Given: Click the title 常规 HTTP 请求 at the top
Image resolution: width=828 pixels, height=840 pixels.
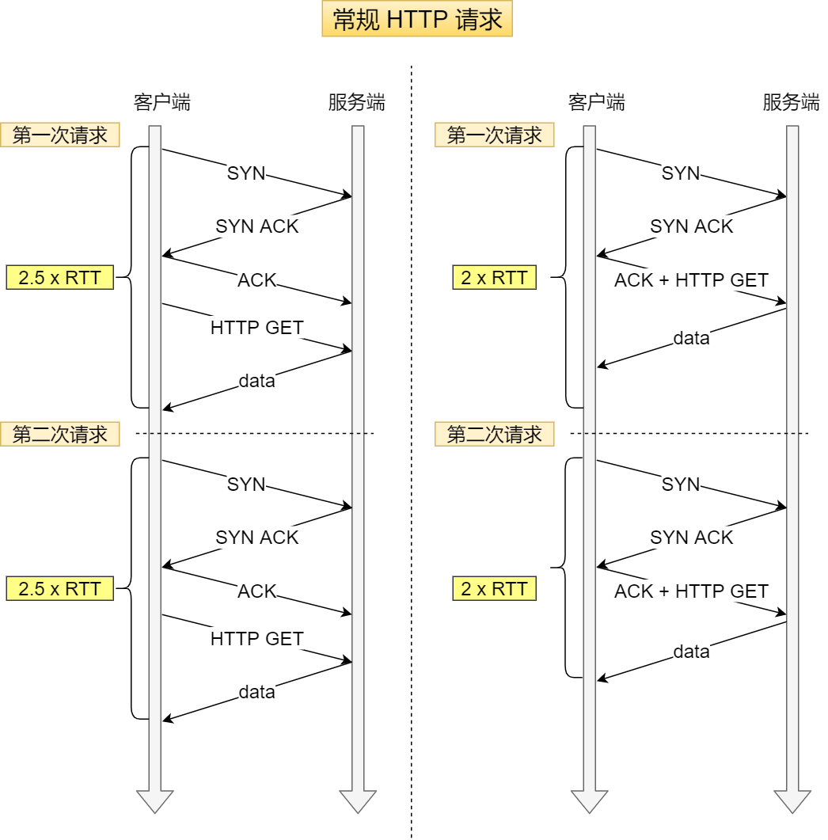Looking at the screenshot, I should (417, 20).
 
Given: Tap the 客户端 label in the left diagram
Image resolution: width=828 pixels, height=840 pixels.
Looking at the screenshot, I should (161, 102).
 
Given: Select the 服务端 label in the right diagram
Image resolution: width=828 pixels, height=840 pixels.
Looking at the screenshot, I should (791, 102).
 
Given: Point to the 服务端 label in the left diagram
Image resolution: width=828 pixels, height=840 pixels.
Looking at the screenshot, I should (356, 102).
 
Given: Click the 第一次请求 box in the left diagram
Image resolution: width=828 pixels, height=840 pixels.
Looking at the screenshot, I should (60, 135).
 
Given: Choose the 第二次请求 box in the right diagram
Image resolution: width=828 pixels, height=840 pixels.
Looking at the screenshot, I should (494, 434).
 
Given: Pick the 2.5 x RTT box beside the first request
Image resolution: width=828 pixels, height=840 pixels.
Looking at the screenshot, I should (60, 278).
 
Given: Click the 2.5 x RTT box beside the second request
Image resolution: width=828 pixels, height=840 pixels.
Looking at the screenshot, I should (60, 589).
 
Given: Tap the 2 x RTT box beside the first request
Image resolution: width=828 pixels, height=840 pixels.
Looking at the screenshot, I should (494, 278).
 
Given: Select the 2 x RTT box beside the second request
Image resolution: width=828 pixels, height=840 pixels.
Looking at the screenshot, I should (494, 589).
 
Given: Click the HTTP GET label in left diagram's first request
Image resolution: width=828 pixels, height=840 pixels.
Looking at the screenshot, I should (256, 327).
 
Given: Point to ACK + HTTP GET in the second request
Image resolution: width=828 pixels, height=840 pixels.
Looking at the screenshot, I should (691, 591).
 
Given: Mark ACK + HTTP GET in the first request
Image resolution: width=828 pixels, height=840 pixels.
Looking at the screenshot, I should (691, 280).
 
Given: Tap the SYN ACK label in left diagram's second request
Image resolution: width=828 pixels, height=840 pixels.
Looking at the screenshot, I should (257, 538).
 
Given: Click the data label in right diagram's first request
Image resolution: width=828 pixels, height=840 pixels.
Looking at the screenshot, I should (691, 339).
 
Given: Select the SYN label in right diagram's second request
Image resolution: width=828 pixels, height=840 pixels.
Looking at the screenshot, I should (681, 485).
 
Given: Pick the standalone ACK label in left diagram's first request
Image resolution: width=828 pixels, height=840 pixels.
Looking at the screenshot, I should (257, 280).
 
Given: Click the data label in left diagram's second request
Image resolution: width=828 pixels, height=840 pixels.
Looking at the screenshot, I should (257, 693).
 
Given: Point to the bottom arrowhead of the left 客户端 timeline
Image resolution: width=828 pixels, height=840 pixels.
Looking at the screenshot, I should (155, 801).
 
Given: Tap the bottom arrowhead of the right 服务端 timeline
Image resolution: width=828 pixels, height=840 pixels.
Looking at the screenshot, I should (792, 801).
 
